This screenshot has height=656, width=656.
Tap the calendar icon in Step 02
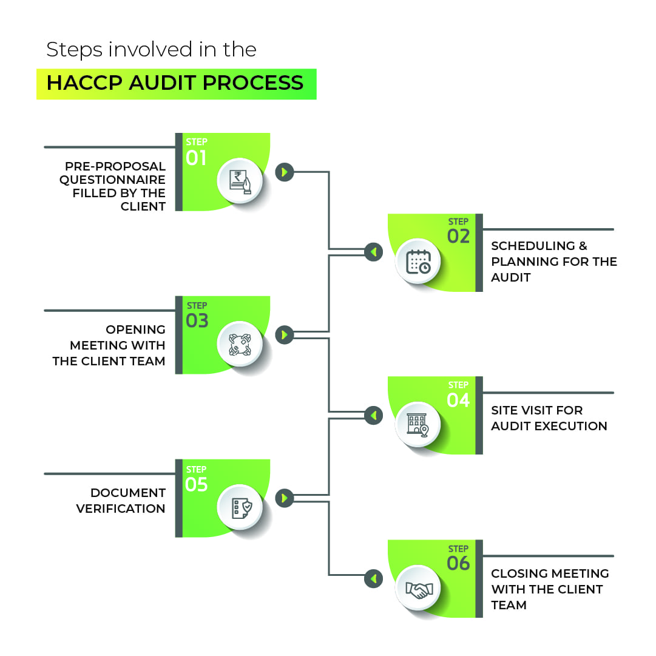click(x=419, y=263)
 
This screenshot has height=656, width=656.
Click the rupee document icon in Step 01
click(x=240, y=181)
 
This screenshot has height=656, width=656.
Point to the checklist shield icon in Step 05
click(x=240, y=508)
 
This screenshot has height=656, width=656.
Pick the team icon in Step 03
click(x=240, y=344)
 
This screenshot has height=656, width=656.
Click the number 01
click(x=197, y=158)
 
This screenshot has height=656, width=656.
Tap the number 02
click(x=459, y=236)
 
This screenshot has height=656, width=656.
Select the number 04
click(x=459, y=400)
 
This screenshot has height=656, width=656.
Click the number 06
click(x=459, y=564)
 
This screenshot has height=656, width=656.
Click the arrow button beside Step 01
click(x=284, y=172)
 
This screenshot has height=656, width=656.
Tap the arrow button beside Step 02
click(x=374, y=252)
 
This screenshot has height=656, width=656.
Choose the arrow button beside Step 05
click(x=284, y=499)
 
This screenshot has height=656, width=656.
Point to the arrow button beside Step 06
click(x=374, y=579)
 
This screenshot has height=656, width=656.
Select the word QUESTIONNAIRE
click(x=112, y=180)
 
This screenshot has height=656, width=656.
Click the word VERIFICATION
click(x=121, y=509)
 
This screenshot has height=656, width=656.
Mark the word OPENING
click(x=135, y=330)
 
